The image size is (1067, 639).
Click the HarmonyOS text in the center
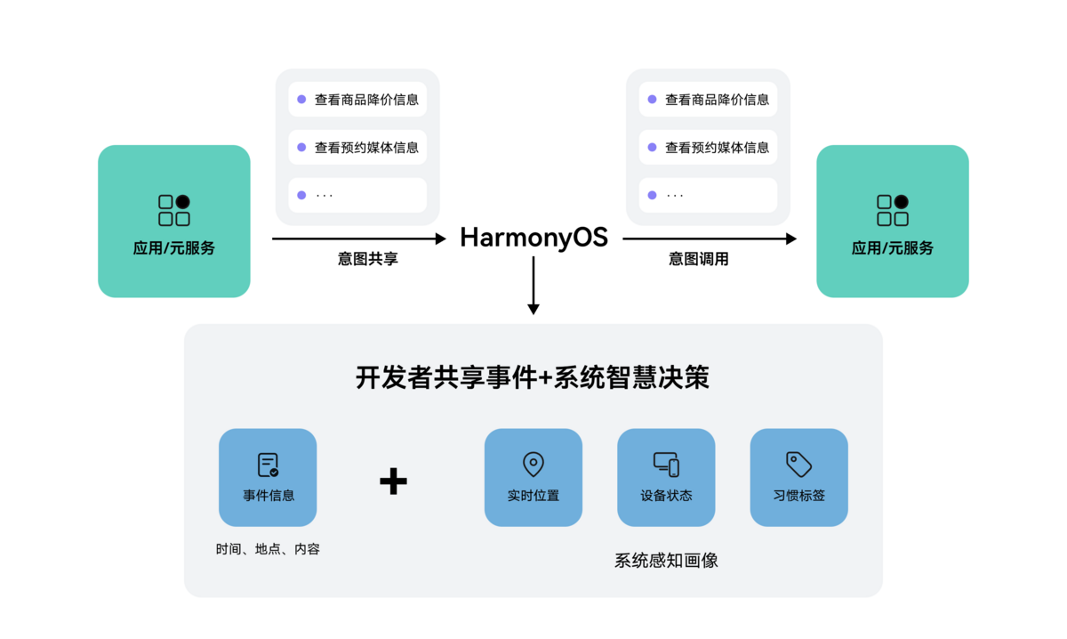[x=533, y=238]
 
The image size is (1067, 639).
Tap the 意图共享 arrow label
[x=368, y=259]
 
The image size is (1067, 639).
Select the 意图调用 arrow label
[x=699, y=259]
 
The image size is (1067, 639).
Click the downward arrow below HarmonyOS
[x=533, y=285]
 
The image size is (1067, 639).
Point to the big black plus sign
[x=393, y=481]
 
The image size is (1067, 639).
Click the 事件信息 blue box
[x=268, y=477]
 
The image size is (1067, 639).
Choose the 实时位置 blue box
[x=533, y=477]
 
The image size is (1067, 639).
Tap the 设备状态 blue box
[x=666, y=477]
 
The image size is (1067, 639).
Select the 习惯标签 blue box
[x=798, y=477]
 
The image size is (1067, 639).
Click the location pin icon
[x=533, y=464]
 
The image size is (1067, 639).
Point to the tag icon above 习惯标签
[x=798, y=464]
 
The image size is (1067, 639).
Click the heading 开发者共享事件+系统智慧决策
[x=533, y=378]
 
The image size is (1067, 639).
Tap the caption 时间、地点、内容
[x=268, y=549]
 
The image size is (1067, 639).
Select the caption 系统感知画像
[x=666, y=561]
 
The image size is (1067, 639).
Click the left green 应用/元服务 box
[x=174, y=221]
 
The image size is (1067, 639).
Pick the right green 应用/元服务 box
[x=893, y=221]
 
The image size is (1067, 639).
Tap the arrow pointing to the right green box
[x=709, y=239]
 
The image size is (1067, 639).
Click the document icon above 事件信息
[x=268, y=465]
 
